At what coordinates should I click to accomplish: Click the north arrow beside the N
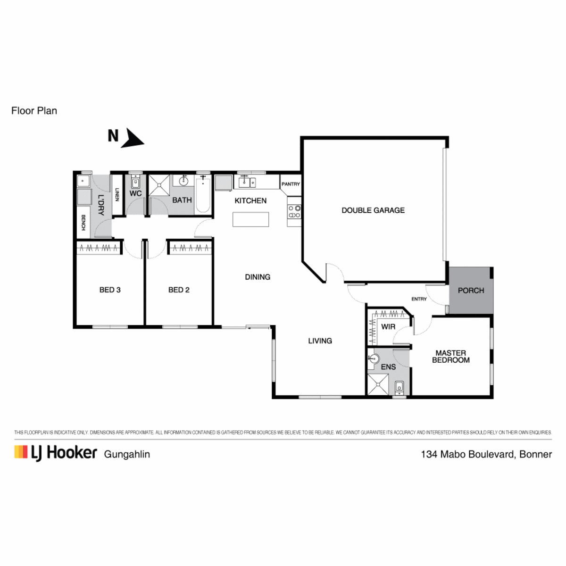(x=133, y=138)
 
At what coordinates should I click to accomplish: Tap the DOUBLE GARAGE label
(x=373, y=210)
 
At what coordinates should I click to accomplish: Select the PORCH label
(x=471, y=291)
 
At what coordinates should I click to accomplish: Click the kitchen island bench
(x=250, y=219)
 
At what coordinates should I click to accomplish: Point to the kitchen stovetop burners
(x=294, y=211)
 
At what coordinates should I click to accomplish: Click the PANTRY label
(x=291, y=184)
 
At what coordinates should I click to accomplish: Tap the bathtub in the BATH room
(x=203, y=194)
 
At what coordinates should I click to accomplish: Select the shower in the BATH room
(x=159, y=185)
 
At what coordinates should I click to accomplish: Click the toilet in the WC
(x=135, y=183)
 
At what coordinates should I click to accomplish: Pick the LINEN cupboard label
(x=117, y=194)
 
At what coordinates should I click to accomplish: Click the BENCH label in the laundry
(x=83, y=222)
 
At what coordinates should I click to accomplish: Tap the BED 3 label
(x=110, y=290)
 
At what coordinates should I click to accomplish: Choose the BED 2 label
(x=179, y=290)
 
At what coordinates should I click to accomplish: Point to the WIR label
(x=388, y=326)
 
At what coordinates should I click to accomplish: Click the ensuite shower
(x=378, y=384)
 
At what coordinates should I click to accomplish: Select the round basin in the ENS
(x=374, y=358)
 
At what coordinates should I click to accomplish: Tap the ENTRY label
(x=419, y=299)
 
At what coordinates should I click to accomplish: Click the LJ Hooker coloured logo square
(x=21, y=452)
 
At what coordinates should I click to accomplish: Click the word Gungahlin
(x=127, y=454)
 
